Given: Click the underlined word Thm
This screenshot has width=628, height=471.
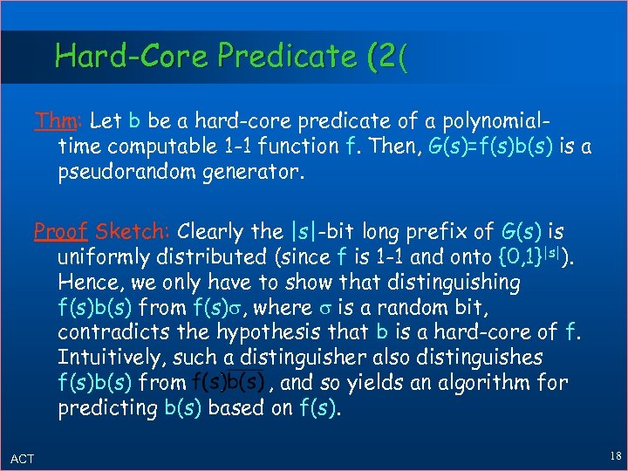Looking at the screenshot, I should pos(51,120).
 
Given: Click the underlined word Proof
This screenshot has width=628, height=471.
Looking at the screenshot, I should pos(60,232).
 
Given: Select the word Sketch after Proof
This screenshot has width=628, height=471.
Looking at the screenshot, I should pos(133,232).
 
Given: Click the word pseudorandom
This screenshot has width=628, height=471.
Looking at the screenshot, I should pos(126,171).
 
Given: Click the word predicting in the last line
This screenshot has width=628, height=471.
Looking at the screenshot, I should pos(108,408).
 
